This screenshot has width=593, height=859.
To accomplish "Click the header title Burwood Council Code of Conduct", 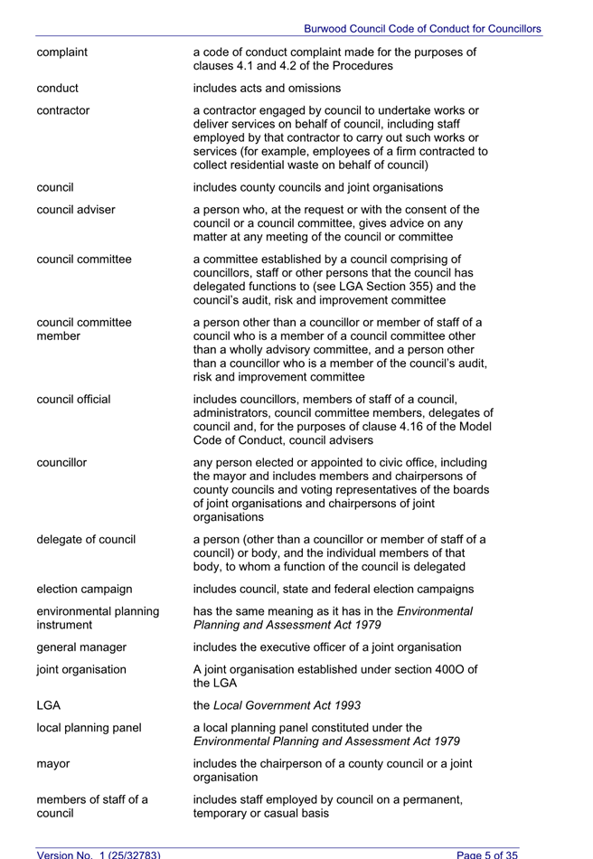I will click(422, 29).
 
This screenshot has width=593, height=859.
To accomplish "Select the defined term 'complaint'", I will click(62, 52).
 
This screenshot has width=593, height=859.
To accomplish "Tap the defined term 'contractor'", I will click(63, 111).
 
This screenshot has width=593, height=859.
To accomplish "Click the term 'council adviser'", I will click(76, 210).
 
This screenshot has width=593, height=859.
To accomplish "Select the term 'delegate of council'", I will click(86, 540).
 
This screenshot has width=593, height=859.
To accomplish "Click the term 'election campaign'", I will click(84, 590).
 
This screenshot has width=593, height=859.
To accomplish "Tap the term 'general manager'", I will click(81, 647).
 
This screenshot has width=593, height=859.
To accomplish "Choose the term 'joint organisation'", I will click(81, 670).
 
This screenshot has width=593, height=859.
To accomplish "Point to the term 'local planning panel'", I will click(89, 727).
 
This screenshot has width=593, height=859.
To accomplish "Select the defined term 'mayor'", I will click(53, 764).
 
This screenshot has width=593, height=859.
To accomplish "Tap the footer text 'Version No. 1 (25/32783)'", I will click(98, 854).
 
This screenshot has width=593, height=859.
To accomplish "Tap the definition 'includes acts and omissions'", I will click(267, 89).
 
